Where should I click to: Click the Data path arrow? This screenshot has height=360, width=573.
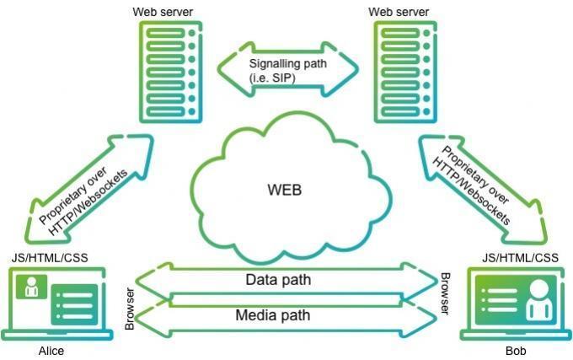(287, 279)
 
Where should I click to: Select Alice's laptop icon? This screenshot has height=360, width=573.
(58, 303)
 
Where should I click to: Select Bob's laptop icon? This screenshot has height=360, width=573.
(511, 303)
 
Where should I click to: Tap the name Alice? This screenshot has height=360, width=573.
(51, 351)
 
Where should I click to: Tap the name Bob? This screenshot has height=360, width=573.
(515, 351)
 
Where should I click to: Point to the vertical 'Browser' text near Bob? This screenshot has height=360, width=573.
(445, 293)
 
